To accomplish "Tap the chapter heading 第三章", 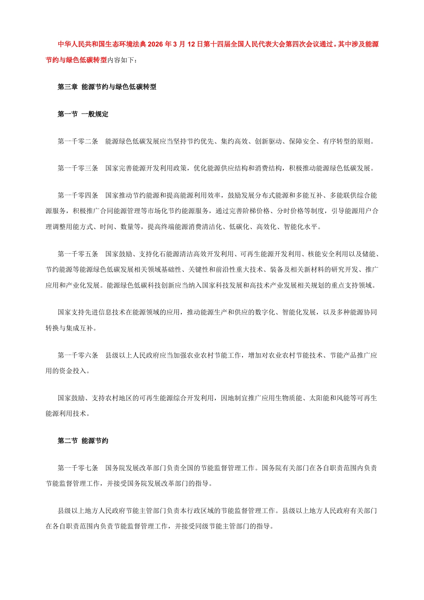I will pyautogui.click(x=67, y=87).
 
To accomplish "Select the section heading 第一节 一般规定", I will pyautogui.click(x=83, y=114).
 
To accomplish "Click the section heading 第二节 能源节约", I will pyautogui.click(x=83, y=441).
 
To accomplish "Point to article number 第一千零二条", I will pyautogui.click(x=78, y=141).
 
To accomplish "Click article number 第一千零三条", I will pyautogui.click(x=78, y=168).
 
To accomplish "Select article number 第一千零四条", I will pyautogui.click(x=78, y=195).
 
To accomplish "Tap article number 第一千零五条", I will pyautogui.click(x=78, y=254).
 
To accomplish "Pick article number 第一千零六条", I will pyautogui.click(x=78, y=355).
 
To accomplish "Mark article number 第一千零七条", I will pyautogui.click(x=78, y=468).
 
